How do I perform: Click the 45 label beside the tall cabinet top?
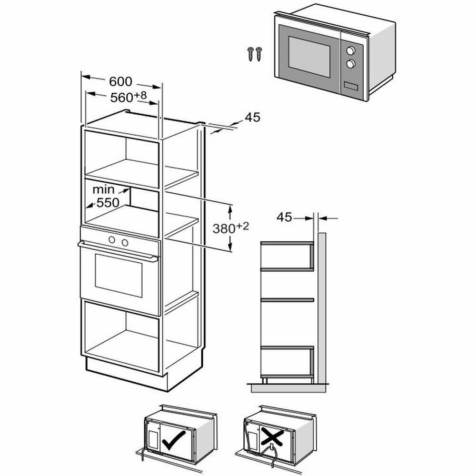(253, 118)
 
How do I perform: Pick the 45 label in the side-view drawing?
(284, 218)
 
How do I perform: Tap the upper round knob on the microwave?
(351, 50)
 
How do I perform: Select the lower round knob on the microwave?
(351, 63)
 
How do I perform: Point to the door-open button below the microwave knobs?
(349, 87)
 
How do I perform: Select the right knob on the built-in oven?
(125, 243)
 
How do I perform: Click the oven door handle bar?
(119, 252)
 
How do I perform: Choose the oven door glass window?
(119, 275)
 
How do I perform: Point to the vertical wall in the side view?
(322, 305)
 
